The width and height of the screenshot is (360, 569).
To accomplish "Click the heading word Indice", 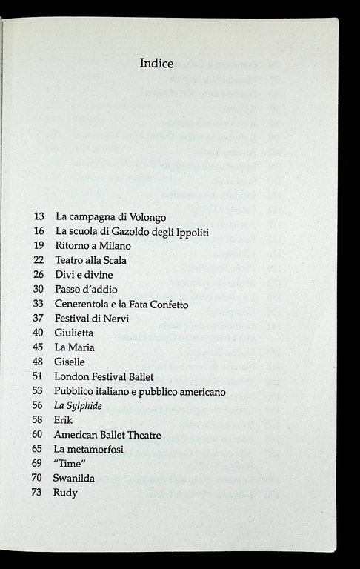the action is pos(156,64).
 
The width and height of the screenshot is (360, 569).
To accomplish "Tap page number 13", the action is pos(39,218).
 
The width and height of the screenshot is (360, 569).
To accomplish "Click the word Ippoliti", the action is pos(190,232).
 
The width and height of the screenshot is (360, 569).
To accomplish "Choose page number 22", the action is pos(39,260).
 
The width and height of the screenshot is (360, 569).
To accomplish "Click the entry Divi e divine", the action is pos(84,274).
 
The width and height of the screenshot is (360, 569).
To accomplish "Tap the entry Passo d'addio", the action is pos(86,289).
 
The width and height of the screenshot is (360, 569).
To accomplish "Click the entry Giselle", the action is pos(70,362).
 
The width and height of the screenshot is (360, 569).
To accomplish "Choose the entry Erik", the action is pos(64,419).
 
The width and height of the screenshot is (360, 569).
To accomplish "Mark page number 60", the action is pos(39,434).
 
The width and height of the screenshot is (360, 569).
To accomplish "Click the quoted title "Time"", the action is pos(70,463).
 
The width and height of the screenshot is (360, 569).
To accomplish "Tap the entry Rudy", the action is pos(67,492).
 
